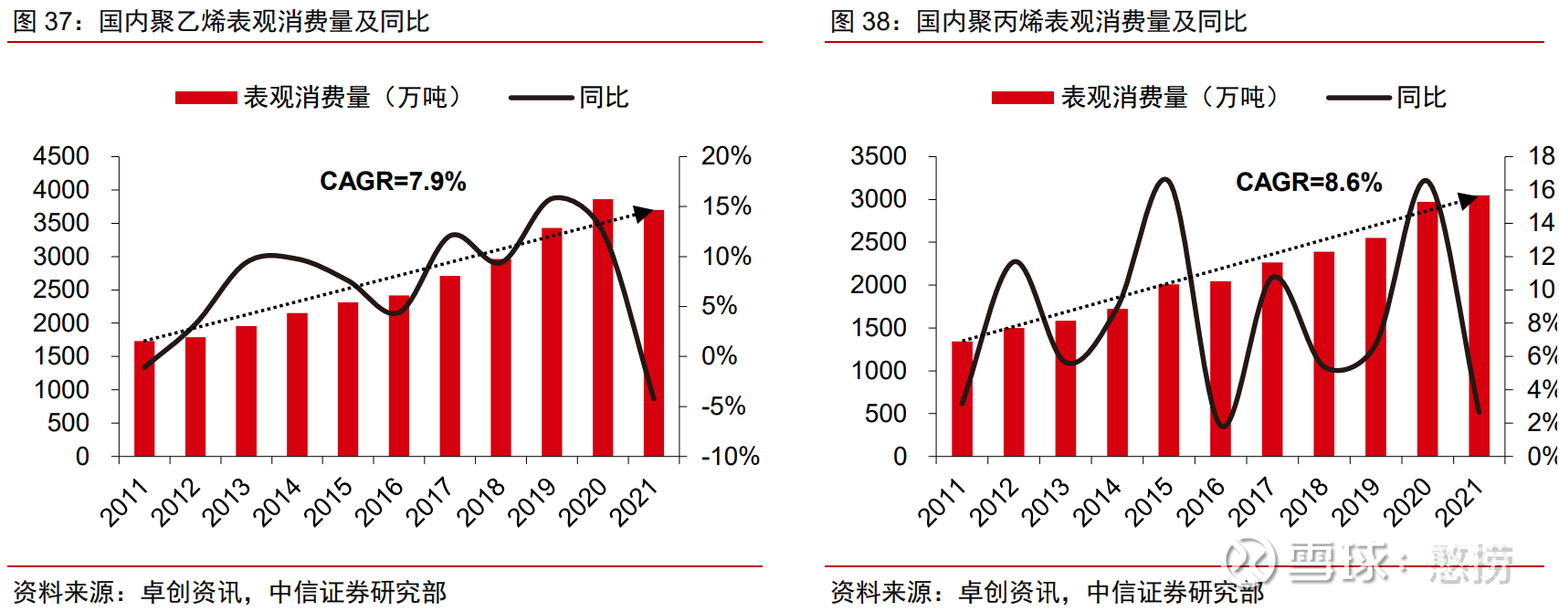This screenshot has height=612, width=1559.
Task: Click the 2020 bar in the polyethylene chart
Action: tap(603, 329)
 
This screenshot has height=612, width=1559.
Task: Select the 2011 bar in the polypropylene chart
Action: tap(962, 399)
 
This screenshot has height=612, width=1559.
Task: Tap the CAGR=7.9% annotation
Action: tap(393, 182)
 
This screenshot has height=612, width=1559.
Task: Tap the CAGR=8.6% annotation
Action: tap(1308, 183)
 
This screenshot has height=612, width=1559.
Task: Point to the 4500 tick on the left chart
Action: tap(61, 156)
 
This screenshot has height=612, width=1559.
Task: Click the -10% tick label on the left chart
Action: tap(730, 456)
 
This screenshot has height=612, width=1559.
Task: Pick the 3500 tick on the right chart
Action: tap(878, 156)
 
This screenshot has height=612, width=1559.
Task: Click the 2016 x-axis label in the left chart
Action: tap(380, 501)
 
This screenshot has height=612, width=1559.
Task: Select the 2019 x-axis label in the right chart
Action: tap(1356, 501)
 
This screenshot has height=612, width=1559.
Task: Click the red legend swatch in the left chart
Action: tap(206, 98)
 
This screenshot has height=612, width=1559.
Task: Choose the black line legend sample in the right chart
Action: tap(1358, 98)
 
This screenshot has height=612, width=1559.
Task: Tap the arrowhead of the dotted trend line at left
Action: tap(645, 213)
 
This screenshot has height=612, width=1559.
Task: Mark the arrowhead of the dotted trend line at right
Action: tap(1467, 199)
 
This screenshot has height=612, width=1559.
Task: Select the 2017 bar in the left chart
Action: tap(449, 365)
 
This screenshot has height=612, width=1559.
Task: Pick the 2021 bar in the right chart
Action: tap(1479, 326)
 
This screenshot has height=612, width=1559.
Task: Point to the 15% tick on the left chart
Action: tap(726, 206)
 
